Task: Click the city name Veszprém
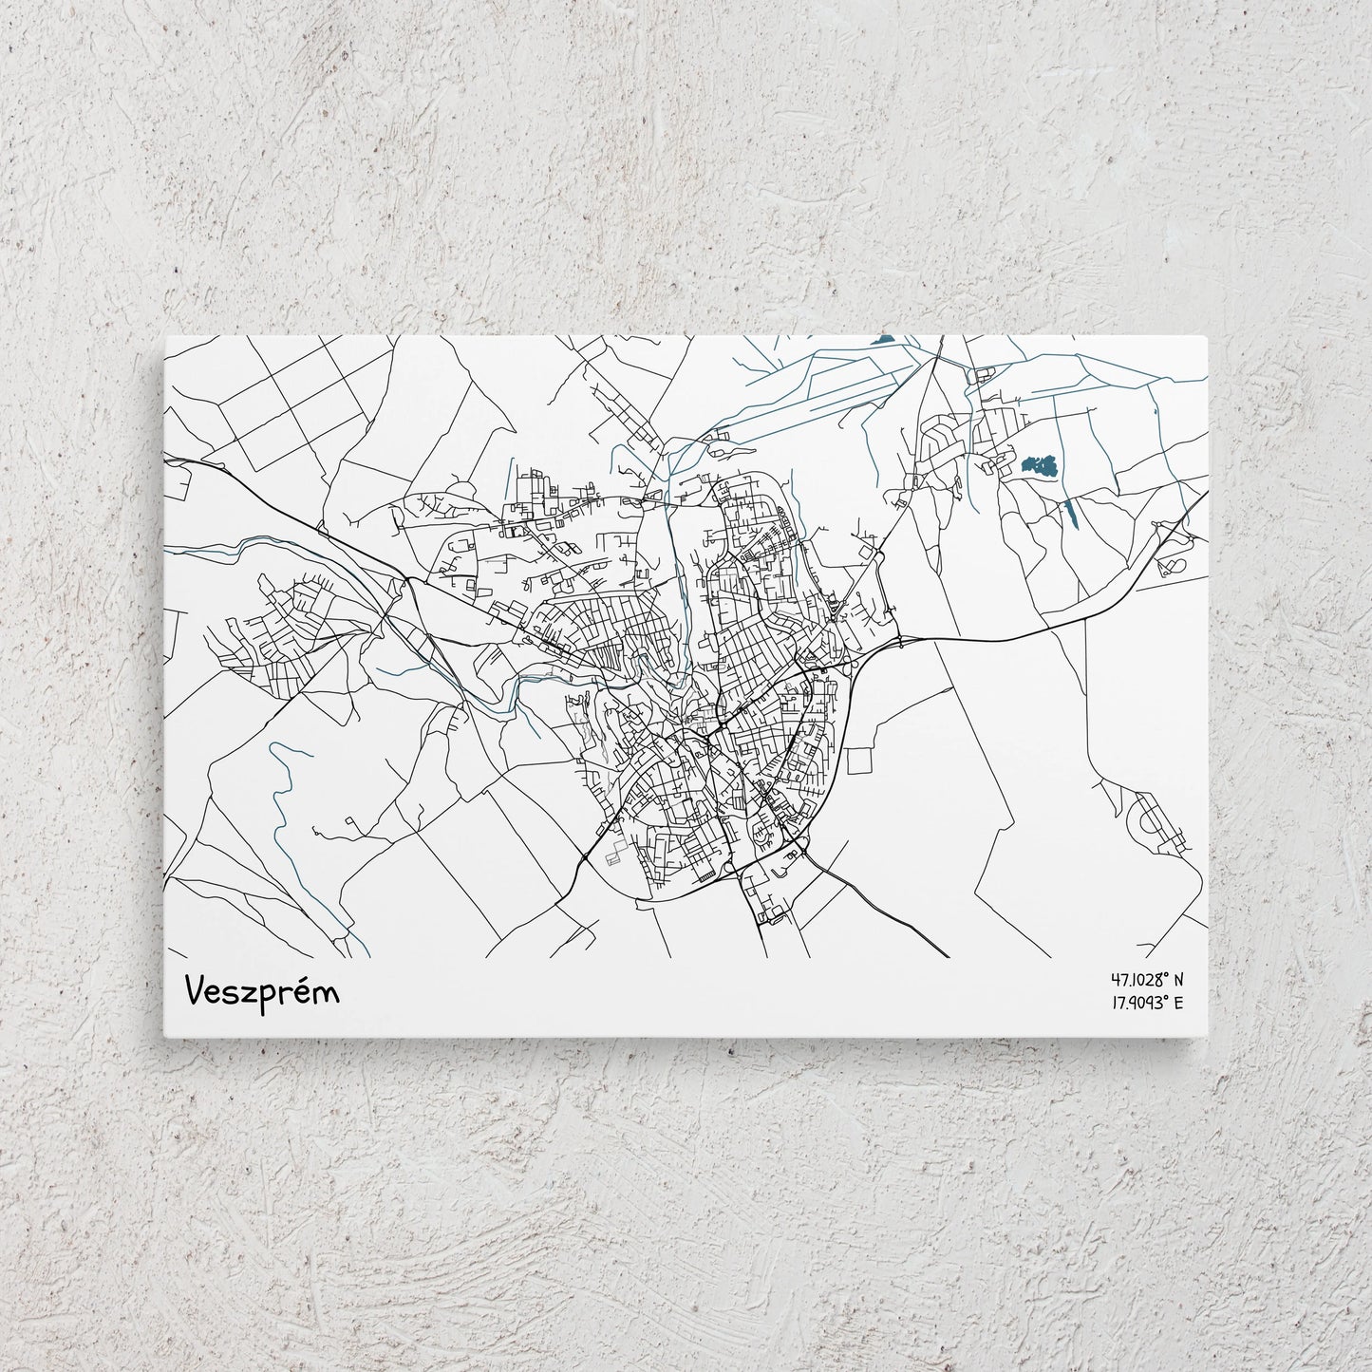(x=262, y=991)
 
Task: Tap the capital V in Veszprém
(x=197, y=990)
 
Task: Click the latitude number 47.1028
(x=1135, y=979)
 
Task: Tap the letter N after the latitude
(x=1178, y=979)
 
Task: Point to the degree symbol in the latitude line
(x=1165, y=974)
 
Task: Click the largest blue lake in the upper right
(x=1041, y=465)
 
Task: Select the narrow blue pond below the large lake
(x=1071, y=514)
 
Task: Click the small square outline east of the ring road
(x=859, y=761)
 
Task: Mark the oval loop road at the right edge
(x=1172, y=566)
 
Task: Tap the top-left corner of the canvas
(x=166, y=335)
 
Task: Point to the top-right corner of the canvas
(x=1206, y=335)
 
